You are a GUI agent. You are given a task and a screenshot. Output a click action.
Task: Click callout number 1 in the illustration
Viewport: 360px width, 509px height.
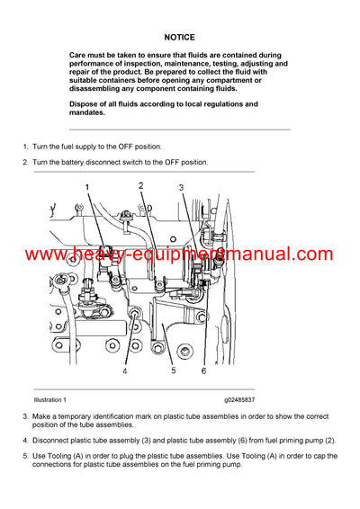pyautogui.click(x=88, y=187)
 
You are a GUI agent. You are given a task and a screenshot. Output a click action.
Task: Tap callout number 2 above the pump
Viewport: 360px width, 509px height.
pyautogui.click(x=140, y=185)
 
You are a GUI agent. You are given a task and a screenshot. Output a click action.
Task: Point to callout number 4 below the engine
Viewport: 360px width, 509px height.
pyautogui.click(x=125, y=371)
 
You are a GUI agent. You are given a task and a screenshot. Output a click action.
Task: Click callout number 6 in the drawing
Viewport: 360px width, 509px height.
pyautogui.click(x=203, y=371)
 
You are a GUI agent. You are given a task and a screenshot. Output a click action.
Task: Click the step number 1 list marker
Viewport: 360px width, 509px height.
pyautogui.click(x=24, y=146)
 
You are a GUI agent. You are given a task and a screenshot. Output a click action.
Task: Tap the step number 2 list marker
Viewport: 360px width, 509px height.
pyautogui.click(x=24, y=162)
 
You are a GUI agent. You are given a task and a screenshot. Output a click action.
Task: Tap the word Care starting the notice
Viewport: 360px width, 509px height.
pyautogui.click(x=79, y=56)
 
